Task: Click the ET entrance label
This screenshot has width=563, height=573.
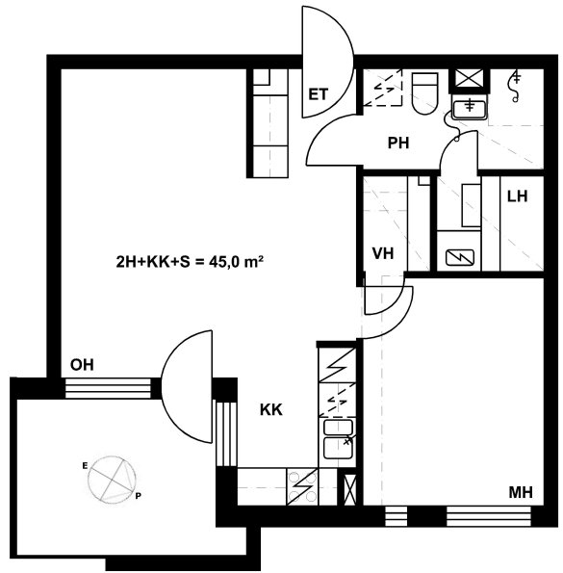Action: click(x=319, y=94)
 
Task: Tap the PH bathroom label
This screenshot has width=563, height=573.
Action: click(x=398, y=143)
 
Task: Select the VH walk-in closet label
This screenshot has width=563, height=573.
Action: click(x=383, y=253)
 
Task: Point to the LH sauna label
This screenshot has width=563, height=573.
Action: click(x=518, y=196)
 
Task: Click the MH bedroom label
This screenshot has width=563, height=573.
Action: click(x=521, y=493)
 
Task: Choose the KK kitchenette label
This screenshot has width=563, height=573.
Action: click(x=270, y=409)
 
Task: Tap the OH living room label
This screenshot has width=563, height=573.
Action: click(x=82, y=365)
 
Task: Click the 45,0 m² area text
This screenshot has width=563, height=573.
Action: click(x=236, y=262)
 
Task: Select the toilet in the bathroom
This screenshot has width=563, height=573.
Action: click(x=424, y=93)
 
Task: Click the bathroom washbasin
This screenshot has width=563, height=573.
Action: click(x=470, y=106)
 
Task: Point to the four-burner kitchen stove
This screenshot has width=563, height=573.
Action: click(x=302, y=486)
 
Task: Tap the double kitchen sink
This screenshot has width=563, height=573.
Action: click(x=338, y=439)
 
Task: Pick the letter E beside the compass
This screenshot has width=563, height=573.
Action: click(x=85, y=465)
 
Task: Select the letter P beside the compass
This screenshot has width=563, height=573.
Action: click(x=138, y=496)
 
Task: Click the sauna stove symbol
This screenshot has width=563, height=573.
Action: click(x=460, y=258)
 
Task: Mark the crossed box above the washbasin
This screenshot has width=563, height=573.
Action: click(x=469, y=79)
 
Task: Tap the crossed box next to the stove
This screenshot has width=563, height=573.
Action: click(x=349, y=489)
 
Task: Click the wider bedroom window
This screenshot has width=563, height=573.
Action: click(x=489, y=516)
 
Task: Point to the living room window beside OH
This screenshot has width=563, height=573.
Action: click(x=108, y=388)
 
